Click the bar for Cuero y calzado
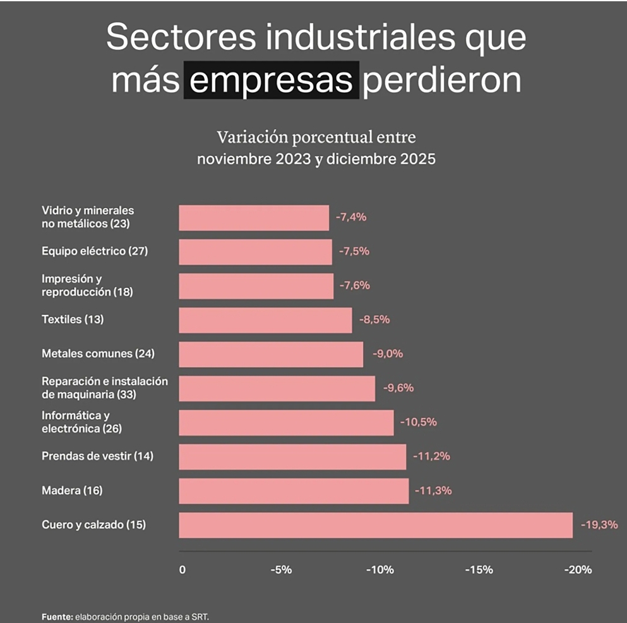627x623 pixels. click(376, 525)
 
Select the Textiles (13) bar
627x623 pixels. click(266, 319)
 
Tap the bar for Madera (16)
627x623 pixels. click(294, 490)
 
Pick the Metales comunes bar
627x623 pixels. click(271, 354)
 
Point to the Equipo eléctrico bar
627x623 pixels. click(255, 252)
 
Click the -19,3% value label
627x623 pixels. click(599, 525)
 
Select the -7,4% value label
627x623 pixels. click(350, 217)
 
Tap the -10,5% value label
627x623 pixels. click(418, 422)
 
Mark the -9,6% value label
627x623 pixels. click(398, 388)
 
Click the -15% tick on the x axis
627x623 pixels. click(479, 569)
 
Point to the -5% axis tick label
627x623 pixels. click(281, 569)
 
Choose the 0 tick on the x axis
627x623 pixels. click(182, 569)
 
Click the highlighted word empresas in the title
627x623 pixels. click(271, 80)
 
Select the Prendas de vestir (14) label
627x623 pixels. click(98, 456)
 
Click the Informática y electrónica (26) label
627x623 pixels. click(81, 422)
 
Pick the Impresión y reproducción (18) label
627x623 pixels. click(87, 285)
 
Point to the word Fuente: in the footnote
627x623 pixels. click(57, 617)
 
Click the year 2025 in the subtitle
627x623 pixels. click(418, 159)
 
